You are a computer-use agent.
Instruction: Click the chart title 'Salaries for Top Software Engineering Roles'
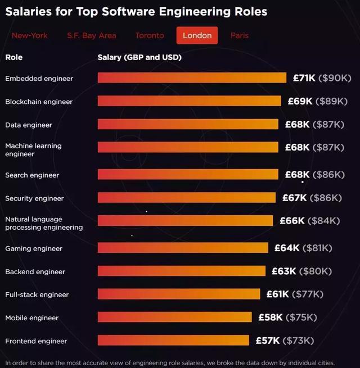[136, 11]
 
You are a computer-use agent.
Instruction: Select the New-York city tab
[30, 35]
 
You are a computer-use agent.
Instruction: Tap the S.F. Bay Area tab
[92, 35]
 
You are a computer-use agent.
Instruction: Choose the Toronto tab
[149, 35]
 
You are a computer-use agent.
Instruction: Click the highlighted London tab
[197, 35]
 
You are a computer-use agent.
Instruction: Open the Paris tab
[239, 35]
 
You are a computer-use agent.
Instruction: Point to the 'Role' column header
[14, 57]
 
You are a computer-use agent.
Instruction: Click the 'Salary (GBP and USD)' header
[139, 57]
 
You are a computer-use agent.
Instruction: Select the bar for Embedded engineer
[192, 78]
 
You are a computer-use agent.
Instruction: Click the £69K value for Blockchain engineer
[300, 101]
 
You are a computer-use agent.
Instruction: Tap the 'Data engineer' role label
[29, 125]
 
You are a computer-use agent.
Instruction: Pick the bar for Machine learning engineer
[188, 147]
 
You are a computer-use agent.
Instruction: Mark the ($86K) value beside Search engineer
[328, 175]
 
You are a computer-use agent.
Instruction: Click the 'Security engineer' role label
[34, 198]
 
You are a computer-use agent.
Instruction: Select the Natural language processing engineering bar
[185, 221]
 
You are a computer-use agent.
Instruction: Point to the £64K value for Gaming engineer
[287, 248]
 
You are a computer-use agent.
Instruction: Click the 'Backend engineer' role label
[35, 272]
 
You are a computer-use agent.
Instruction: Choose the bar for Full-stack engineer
[179, 294]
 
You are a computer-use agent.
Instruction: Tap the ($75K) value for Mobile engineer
[300, 317]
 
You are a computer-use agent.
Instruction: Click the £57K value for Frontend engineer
[268, 340]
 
